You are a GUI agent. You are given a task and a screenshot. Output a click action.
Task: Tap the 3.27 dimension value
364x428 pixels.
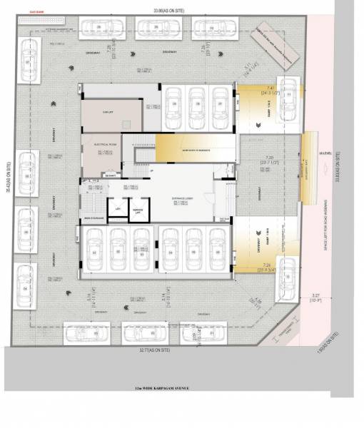point(315,295)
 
